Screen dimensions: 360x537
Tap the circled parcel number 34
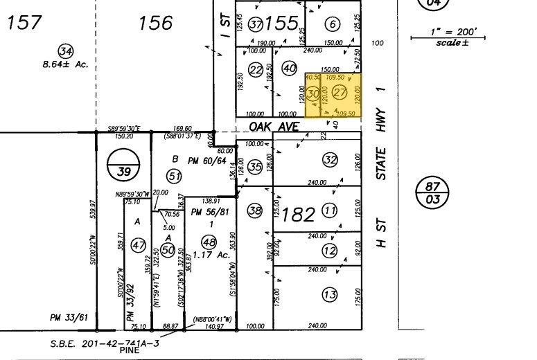click(66, 51)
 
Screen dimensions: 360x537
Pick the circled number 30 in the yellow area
click(313, 93)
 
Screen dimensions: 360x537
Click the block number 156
click(155, 24)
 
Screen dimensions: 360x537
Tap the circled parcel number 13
click(330, 295)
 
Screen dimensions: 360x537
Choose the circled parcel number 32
click(330, 161)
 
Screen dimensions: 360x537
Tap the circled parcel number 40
click(290, 68)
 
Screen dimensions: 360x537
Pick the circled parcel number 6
click(333, 25)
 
